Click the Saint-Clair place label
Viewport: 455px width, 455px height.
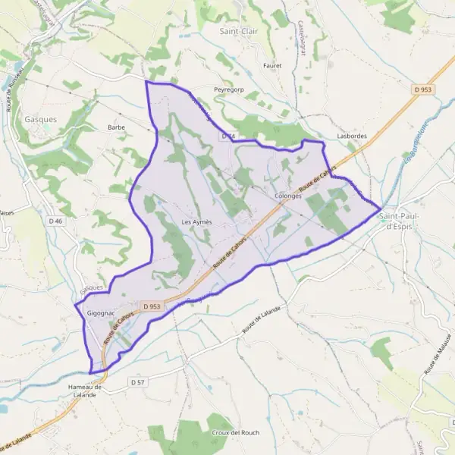coord(237,31)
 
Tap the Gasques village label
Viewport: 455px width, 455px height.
coord(41,119)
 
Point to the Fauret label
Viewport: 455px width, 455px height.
coord(271,66)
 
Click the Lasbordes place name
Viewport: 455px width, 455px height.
coord(351,136)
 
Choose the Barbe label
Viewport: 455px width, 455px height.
coord(116,127)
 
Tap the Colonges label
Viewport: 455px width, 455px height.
coord(288,196)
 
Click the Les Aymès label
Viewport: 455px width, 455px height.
coord(196,221)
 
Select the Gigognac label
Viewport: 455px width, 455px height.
coord(101,312)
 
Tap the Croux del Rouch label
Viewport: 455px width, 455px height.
coord(231,432)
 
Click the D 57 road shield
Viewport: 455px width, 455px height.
coord(137,382)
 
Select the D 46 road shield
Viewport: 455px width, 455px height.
coord(55,221)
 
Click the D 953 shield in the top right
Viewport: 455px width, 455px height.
coord(423,89)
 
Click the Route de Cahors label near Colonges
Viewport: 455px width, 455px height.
coord(316,181)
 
